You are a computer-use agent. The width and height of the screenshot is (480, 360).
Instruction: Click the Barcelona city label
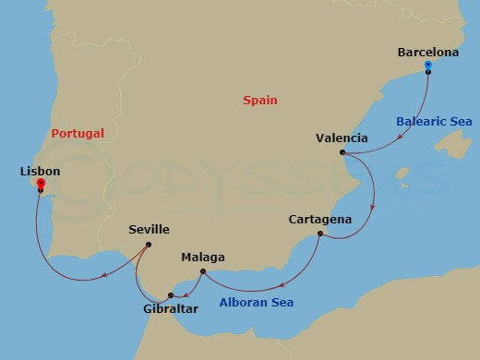point(427,53)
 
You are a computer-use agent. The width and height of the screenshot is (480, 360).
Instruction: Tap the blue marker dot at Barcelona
point(428,66)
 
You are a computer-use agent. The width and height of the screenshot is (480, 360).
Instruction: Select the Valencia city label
point(342,138)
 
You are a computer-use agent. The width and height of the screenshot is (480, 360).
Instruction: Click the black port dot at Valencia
point(342,152)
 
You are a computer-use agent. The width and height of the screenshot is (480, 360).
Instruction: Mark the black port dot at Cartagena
point(319,234)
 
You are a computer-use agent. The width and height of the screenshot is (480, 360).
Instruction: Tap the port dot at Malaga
point(203,270)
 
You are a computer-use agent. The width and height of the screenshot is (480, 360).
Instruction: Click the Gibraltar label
point(170,308)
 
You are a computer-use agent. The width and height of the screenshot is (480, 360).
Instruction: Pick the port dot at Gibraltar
point(170,295)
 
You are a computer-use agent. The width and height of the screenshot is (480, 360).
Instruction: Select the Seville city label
point(149,230)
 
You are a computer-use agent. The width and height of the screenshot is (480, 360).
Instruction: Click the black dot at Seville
point(149,244)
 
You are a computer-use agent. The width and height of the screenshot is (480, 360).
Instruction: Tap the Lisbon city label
point(39,172)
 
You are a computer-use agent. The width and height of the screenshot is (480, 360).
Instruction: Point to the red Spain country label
point(260,101)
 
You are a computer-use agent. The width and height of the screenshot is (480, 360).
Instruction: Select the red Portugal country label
point(78,133)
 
